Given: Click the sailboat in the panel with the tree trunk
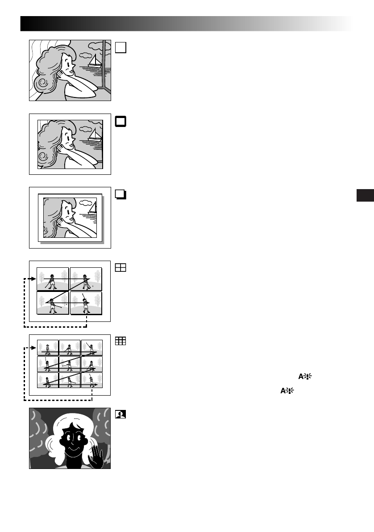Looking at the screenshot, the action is [x=94, y=61].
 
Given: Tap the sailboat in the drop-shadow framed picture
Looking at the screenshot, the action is [x=92, y=208].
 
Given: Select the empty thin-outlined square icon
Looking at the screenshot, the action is [x=121, y=47].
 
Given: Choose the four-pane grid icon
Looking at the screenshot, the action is [x=121, y=268].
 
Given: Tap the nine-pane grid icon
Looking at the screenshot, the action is [x=121, y=341].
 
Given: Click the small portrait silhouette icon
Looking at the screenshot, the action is [x=121, y=414].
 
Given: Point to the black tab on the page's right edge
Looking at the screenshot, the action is [x=365, y=195].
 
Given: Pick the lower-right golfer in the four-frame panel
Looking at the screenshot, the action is [x=86, y=304].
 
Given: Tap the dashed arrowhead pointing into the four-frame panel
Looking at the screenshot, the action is [x=27, y=279].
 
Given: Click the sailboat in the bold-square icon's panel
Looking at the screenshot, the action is [x=95, y=135].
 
